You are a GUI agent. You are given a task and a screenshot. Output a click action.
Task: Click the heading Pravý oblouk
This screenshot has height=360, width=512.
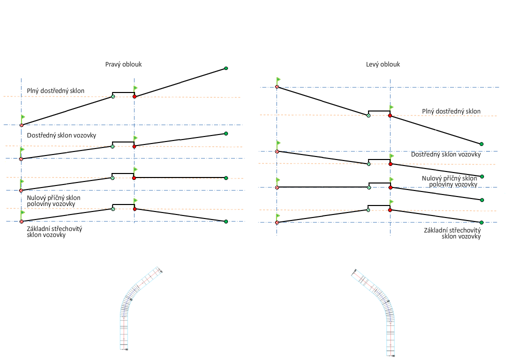pos(123,64)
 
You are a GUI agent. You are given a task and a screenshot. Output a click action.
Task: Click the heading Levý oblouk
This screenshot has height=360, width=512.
pos(383,64)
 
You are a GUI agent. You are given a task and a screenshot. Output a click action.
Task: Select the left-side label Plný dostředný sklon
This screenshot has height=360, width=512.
pos(55,90)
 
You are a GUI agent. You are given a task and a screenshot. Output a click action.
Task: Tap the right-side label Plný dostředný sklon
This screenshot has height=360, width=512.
pos(451,111)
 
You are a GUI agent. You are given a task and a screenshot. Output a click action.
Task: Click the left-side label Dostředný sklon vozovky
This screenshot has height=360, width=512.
pos(61,135)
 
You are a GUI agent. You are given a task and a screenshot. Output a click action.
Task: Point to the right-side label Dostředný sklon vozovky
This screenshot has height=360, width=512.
pos(445,154)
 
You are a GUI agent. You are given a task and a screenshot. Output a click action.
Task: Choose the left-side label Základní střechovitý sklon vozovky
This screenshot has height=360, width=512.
pos(54,231)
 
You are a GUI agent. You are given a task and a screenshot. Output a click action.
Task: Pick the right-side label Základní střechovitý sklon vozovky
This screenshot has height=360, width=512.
pos(452,233)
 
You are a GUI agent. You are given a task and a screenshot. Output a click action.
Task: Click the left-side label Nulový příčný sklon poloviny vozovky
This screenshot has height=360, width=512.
pos(53,200)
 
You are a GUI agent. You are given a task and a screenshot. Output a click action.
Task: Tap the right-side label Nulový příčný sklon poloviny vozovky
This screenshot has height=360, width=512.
pos(449,181)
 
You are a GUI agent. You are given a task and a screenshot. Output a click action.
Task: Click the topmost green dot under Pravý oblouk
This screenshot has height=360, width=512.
pos(226,68)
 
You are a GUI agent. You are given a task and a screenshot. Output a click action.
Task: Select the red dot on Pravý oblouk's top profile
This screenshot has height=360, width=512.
pos(134,96)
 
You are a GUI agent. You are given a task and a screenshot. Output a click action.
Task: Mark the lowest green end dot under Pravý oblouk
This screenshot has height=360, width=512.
pos(226,221)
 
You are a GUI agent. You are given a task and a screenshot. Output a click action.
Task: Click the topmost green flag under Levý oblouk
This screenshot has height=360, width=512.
pos(278,79)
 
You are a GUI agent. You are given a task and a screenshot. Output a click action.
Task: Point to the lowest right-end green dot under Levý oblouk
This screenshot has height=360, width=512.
pos(481,222)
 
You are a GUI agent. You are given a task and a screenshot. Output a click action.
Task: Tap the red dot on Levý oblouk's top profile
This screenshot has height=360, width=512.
pos(390,116)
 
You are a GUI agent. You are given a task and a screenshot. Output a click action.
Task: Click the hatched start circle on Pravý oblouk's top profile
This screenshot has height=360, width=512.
pos(21,125)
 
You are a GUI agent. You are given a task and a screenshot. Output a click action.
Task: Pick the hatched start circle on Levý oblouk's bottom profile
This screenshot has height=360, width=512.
pos(276,222)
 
